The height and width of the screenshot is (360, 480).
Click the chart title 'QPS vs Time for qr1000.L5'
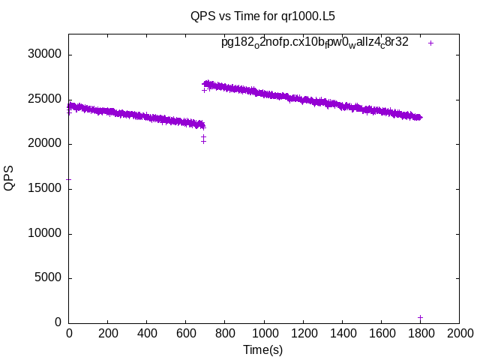click(262, 15)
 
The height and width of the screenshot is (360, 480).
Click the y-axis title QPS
click(10, 178)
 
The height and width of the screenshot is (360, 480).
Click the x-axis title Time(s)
click(262, 349)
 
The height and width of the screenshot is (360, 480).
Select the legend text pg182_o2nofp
click(314, 43)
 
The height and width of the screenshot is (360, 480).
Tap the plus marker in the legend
click(430, 43)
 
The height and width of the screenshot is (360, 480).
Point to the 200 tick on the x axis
click(108, 333)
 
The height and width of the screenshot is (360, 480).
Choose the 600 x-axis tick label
click(186, 333)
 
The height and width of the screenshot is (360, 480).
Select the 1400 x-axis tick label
click(342, 333)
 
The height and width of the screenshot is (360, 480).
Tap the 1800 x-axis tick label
click(420, 333)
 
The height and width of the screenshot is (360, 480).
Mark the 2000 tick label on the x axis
click(459, 333)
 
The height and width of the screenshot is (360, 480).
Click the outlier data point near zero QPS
click(420, 318)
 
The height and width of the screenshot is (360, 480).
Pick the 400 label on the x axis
click(147, 333)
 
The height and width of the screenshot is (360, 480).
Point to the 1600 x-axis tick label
click(381, 333)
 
